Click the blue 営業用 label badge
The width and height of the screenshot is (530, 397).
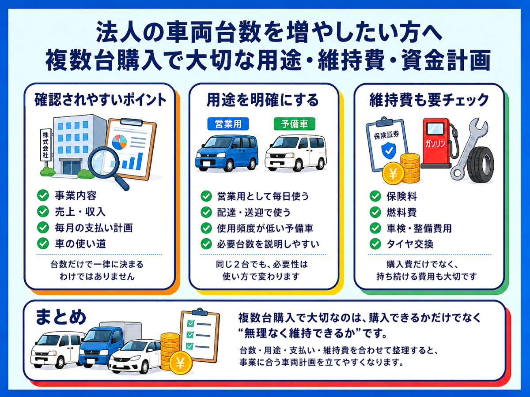[x=228, y=124]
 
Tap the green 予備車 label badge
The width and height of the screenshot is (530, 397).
[x=294, y=124]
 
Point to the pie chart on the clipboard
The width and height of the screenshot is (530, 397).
[x=119, y=142]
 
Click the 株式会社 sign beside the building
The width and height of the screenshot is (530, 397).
[x=45, y=145]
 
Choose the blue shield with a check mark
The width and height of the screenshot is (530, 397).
[x=389, y=150]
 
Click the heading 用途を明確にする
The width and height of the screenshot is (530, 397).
[x=262, y=100]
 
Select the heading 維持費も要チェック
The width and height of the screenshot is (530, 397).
[x=429, y=100]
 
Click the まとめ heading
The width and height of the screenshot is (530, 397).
[x=61, y=317]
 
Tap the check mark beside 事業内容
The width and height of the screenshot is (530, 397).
[x=43, y=195]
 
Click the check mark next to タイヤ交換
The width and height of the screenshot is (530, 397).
[x=375, y=244]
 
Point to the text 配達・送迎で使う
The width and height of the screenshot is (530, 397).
[x=254, y=212]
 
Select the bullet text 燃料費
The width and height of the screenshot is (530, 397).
[x=401, y=212]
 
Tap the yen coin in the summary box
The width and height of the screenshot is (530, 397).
[x=180, y=364]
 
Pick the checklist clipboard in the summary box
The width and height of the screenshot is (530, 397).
[x=200, y=335]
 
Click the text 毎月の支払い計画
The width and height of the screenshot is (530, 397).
[x=94, y=228]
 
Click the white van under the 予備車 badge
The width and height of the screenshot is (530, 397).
[x=295, y=153]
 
